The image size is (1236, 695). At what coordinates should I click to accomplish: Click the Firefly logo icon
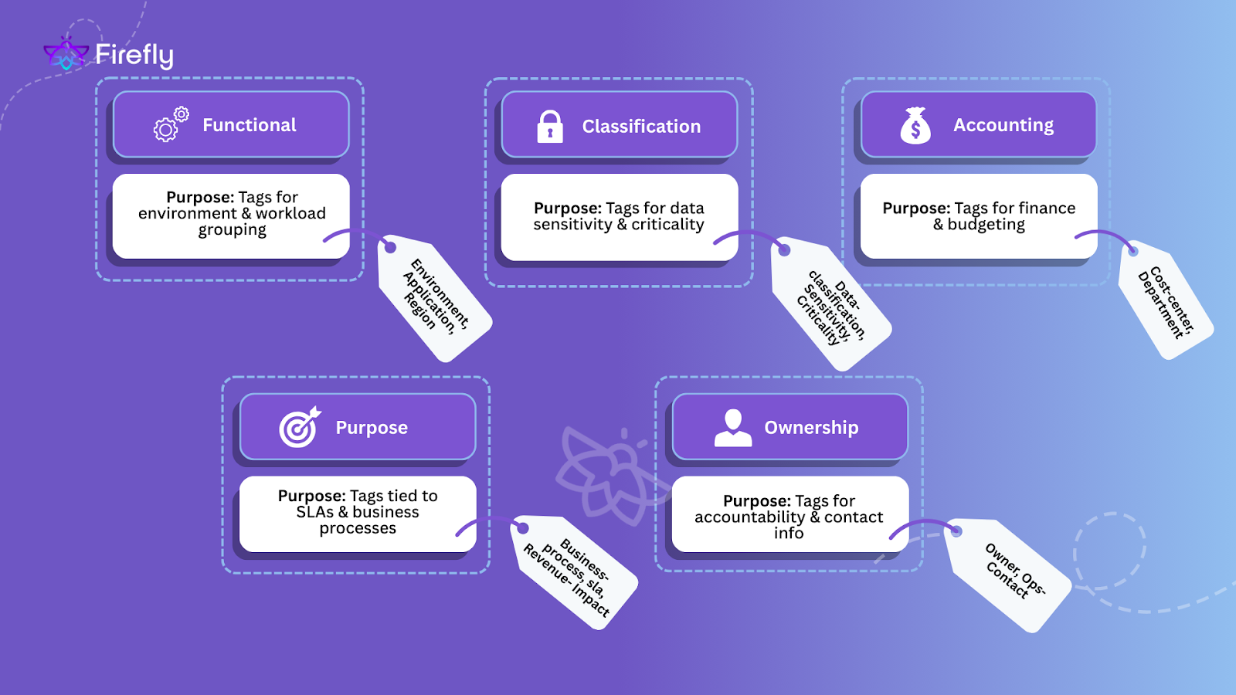click(x=66, y=54)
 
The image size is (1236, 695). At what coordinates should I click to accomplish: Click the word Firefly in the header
click(x=134, y=55)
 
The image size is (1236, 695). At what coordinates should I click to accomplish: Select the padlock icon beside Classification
click(x=550, y=126)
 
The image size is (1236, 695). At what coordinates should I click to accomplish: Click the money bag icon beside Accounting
click(x=915, y=125)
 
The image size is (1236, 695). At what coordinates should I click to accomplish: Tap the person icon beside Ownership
click(x=733, y=428)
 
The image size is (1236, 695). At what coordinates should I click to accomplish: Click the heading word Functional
click(x=250, y=125)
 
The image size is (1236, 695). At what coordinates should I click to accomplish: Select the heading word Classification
click(x=641, y=127)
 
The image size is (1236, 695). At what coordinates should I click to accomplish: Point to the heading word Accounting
click(x=1003, y=125)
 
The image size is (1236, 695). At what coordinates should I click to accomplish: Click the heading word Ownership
click(x=811, y=428)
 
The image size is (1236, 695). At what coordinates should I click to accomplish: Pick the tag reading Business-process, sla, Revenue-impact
click(x=574, y=572)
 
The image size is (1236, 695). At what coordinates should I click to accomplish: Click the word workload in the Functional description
click(x=290, y=214)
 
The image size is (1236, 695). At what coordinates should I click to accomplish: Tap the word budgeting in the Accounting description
click(x=986, y=225)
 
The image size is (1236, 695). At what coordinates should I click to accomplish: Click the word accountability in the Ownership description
click(x=749, y=517)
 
